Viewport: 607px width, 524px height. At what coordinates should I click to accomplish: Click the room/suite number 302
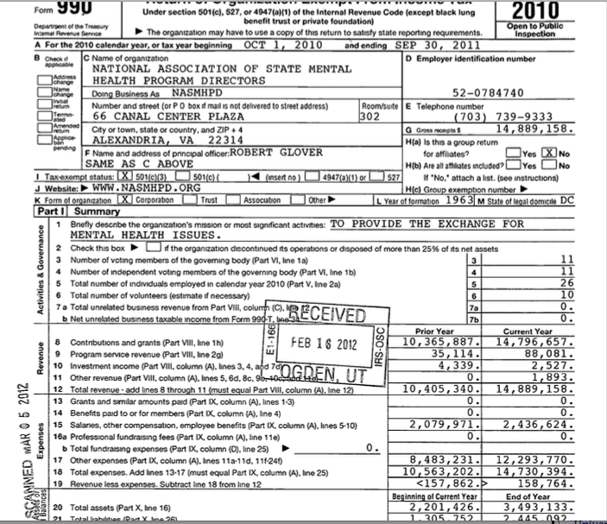tap(370, 114)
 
